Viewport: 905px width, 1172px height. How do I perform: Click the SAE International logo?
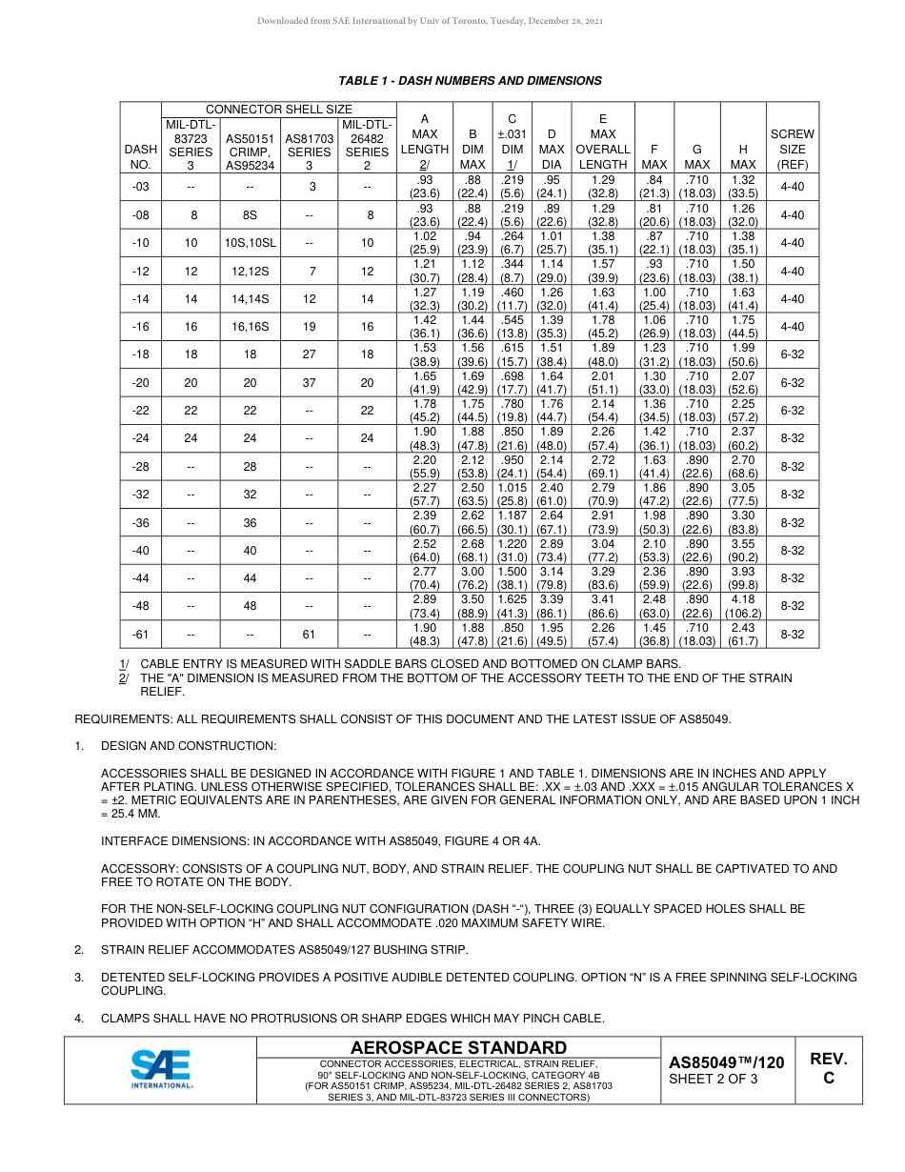point(162,1069)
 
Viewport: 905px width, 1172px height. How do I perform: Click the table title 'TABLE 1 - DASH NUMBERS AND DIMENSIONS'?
point(470,81)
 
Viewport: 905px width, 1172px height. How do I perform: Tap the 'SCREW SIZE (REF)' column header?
point(793,149)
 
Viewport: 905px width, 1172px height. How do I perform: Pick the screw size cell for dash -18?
point(793,354)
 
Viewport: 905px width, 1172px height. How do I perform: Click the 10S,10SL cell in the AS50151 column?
point(250,243)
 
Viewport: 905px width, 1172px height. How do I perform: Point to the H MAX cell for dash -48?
point(742,606)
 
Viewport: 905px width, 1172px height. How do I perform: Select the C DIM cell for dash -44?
point(513,578)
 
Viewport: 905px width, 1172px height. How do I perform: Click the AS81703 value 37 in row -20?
point(309,382)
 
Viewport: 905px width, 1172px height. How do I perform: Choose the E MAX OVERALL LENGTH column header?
point(603,141)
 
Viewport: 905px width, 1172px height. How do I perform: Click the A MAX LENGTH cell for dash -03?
point(425,187)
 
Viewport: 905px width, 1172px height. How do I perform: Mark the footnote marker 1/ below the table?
point(124,663)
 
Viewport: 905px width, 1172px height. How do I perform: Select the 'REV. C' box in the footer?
point(828,1069)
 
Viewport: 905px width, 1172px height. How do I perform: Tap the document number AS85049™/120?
point(726,1062)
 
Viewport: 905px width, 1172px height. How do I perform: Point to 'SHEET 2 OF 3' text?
point(714,1080)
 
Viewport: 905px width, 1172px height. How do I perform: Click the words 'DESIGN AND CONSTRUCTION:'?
point(189,746)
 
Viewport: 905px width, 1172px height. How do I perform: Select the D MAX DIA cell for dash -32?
point(552,495)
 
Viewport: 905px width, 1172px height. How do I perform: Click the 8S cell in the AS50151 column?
point(250,215)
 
